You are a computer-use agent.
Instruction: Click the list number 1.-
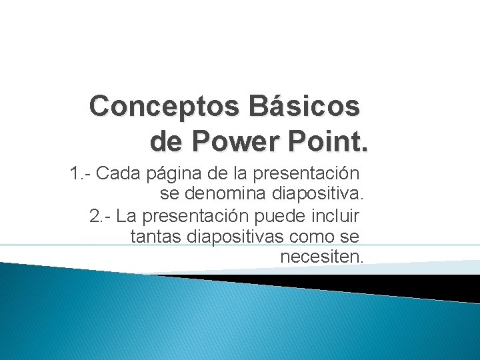[81, 174]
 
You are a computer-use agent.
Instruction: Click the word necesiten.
[321, 256]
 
